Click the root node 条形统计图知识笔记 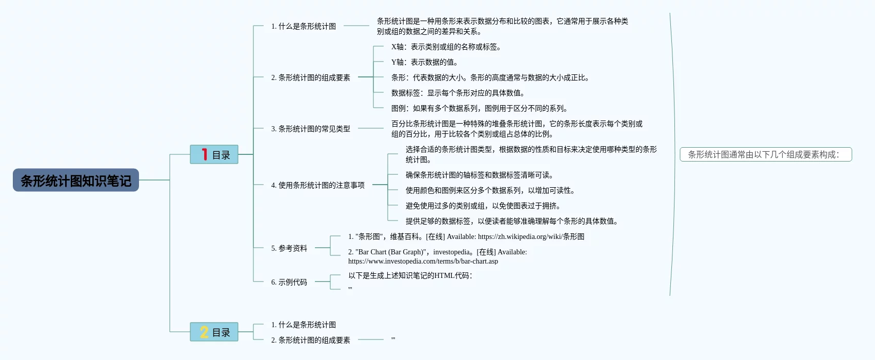[76, 181]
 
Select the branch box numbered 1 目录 [214, 154]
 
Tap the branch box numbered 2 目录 [214, 332]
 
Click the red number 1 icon [204, 154]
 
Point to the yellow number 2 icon [204, 332]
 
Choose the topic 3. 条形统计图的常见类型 [310, 129]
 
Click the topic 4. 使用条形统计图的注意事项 [317, 185]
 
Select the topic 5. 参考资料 [289, 248]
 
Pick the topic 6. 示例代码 [289, 282]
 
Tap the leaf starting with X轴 [446, 47]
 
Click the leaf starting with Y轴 [424, 62]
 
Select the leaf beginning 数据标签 [458, 93]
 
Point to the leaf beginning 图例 [479, 108]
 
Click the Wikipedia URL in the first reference [531, 236]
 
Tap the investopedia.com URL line [423, 261]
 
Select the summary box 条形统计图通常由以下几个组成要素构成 [765, 154]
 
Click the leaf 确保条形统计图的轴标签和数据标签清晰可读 [479, 175]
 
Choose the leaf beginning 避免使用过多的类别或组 [483, 206]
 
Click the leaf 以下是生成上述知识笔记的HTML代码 [410, 275]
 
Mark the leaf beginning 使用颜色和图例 [490, 190]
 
